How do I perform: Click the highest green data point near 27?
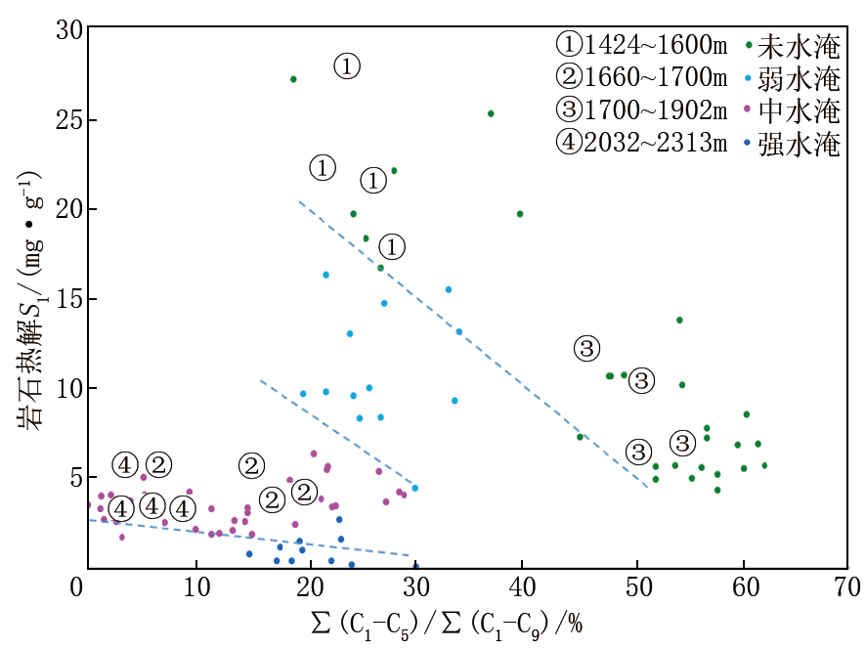293,78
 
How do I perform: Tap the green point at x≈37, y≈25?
491,113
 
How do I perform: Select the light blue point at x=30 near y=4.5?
414,488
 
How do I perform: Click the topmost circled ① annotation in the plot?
347,66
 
